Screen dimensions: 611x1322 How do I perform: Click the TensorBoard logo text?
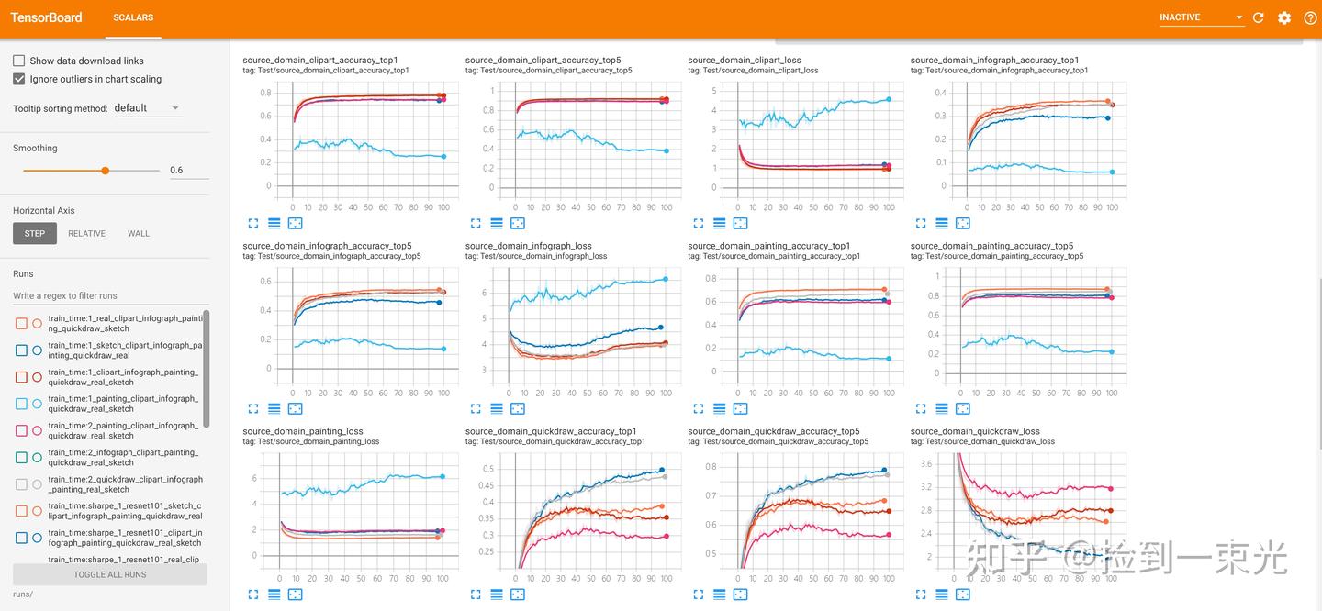point(46,17)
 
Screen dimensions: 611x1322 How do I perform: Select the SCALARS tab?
point(133,17)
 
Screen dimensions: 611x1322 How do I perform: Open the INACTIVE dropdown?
point(1200,17)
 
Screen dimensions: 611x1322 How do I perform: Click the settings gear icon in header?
point(1284,17)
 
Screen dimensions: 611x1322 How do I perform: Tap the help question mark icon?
point(1310,17)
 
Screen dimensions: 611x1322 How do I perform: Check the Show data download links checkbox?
point(19,61)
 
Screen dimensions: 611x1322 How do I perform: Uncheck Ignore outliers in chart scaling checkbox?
point(19,79)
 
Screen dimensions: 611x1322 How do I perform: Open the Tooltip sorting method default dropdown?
point(147,108)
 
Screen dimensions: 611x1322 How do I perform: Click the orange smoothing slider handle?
point(106,170)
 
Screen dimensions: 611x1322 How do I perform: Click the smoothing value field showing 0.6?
point(188,170)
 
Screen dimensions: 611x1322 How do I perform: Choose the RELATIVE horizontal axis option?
point(86,233)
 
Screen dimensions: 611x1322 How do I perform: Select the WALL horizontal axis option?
point(139,233)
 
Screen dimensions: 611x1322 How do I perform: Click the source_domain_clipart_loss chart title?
point(744,60)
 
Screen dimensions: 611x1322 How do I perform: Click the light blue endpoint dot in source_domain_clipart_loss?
point(889,99)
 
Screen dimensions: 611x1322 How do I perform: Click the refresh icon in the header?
point(1259,17)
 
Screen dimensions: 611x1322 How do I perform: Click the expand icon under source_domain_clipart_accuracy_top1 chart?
point(253,223)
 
